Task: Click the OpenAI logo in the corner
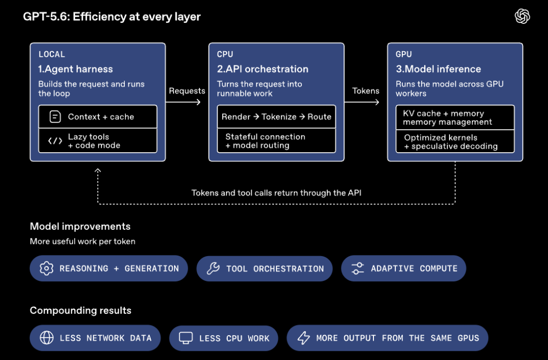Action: click(x=522, y=16)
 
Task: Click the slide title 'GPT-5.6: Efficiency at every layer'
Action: click(x=112, y=17)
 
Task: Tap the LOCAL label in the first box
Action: click(x=52, y=54)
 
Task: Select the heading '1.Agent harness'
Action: click(x=76, y=69)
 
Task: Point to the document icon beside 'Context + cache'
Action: click(x=55, y=117)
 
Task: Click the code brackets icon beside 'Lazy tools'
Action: click(x=55, y=141)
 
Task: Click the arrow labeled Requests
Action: click(x=183, y=102)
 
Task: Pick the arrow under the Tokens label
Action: click(x=362, y=102)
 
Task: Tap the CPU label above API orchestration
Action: click(x=225, y=54)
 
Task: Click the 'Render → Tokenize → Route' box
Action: click(x=277, y=117)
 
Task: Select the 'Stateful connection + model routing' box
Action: click(x=277, y=141)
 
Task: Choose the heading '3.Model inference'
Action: click(x=438, y=69)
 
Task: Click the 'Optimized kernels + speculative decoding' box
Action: click(x=455, y=141)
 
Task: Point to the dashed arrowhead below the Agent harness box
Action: click(x=98, y=171)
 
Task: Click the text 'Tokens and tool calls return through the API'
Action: click(x=277, y=193)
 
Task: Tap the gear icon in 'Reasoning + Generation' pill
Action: click(x=47, y=268)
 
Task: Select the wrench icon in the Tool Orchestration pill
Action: click(x=213, y=268)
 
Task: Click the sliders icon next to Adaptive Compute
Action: click(x=358, y=268)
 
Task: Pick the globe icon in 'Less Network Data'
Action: click(x=47, y=338)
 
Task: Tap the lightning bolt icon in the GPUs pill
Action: click(x=303, y=338)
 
